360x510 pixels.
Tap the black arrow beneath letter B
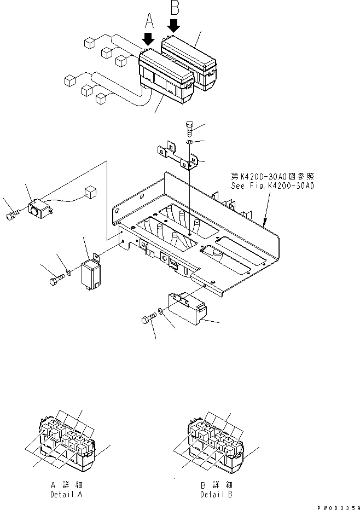[175, 25]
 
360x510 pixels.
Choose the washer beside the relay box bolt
[68, 273]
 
